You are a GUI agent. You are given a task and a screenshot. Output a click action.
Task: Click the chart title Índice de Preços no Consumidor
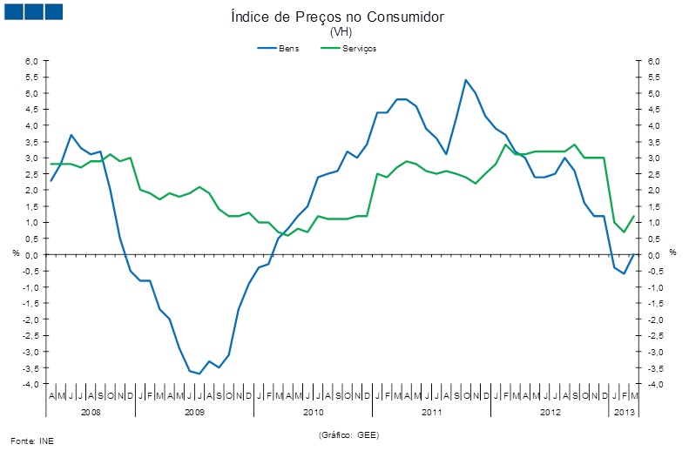(343, 17)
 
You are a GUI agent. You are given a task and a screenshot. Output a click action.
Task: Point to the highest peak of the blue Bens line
(466, 80)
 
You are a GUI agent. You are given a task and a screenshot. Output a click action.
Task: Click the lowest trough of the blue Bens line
(199, 374)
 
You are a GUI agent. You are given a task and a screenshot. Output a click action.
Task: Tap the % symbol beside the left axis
(15, 252)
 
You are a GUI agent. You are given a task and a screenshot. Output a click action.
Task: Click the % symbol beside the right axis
(672, 252)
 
